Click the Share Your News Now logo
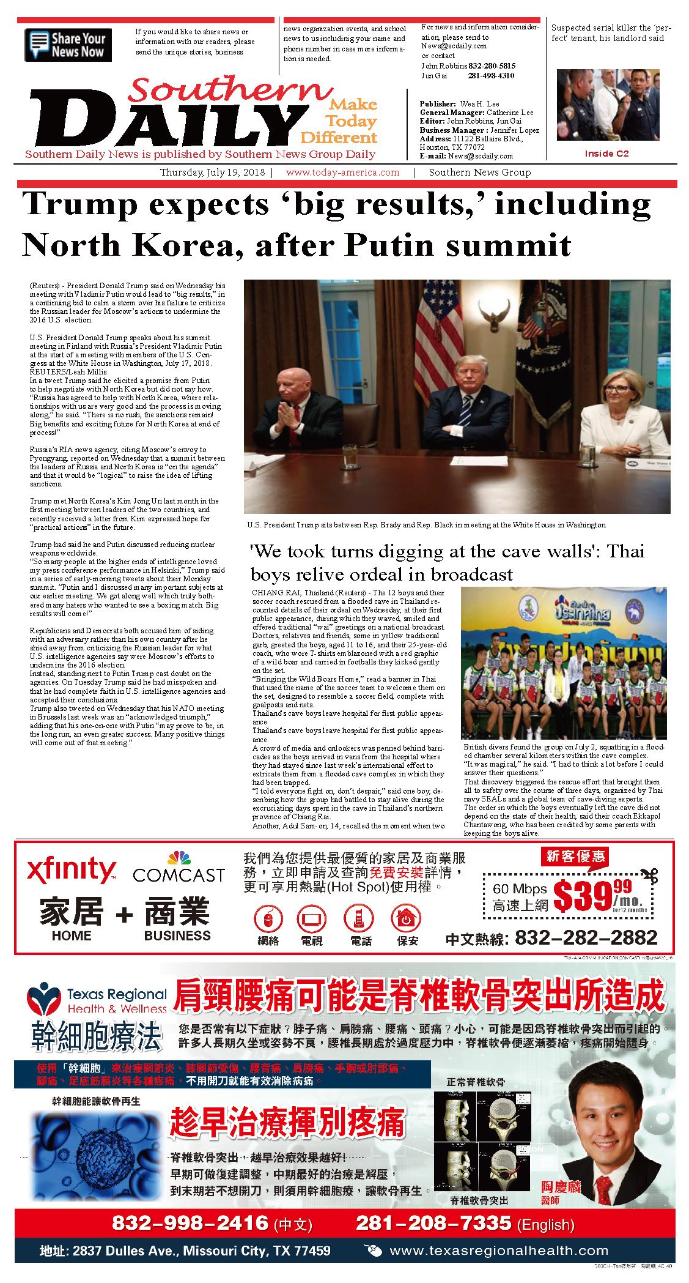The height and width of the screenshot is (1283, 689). coord(68,45)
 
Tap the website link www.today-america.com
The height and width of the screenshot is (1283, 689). coord(342,173)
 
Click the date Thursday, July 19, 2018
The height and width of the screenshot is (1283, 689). coord(212,173)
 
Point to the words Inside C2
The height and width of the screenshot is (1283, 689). coord(606,154)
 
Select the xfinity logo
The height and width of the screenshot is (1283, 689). coord(72,869)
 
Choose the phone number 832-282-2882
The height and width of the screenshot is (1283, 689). coord(586,937)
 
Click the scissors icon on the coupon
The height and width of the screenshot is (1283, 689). coord(649,875)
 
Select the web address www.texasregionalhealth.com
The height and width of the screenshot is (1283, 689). coord(499,1251)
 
